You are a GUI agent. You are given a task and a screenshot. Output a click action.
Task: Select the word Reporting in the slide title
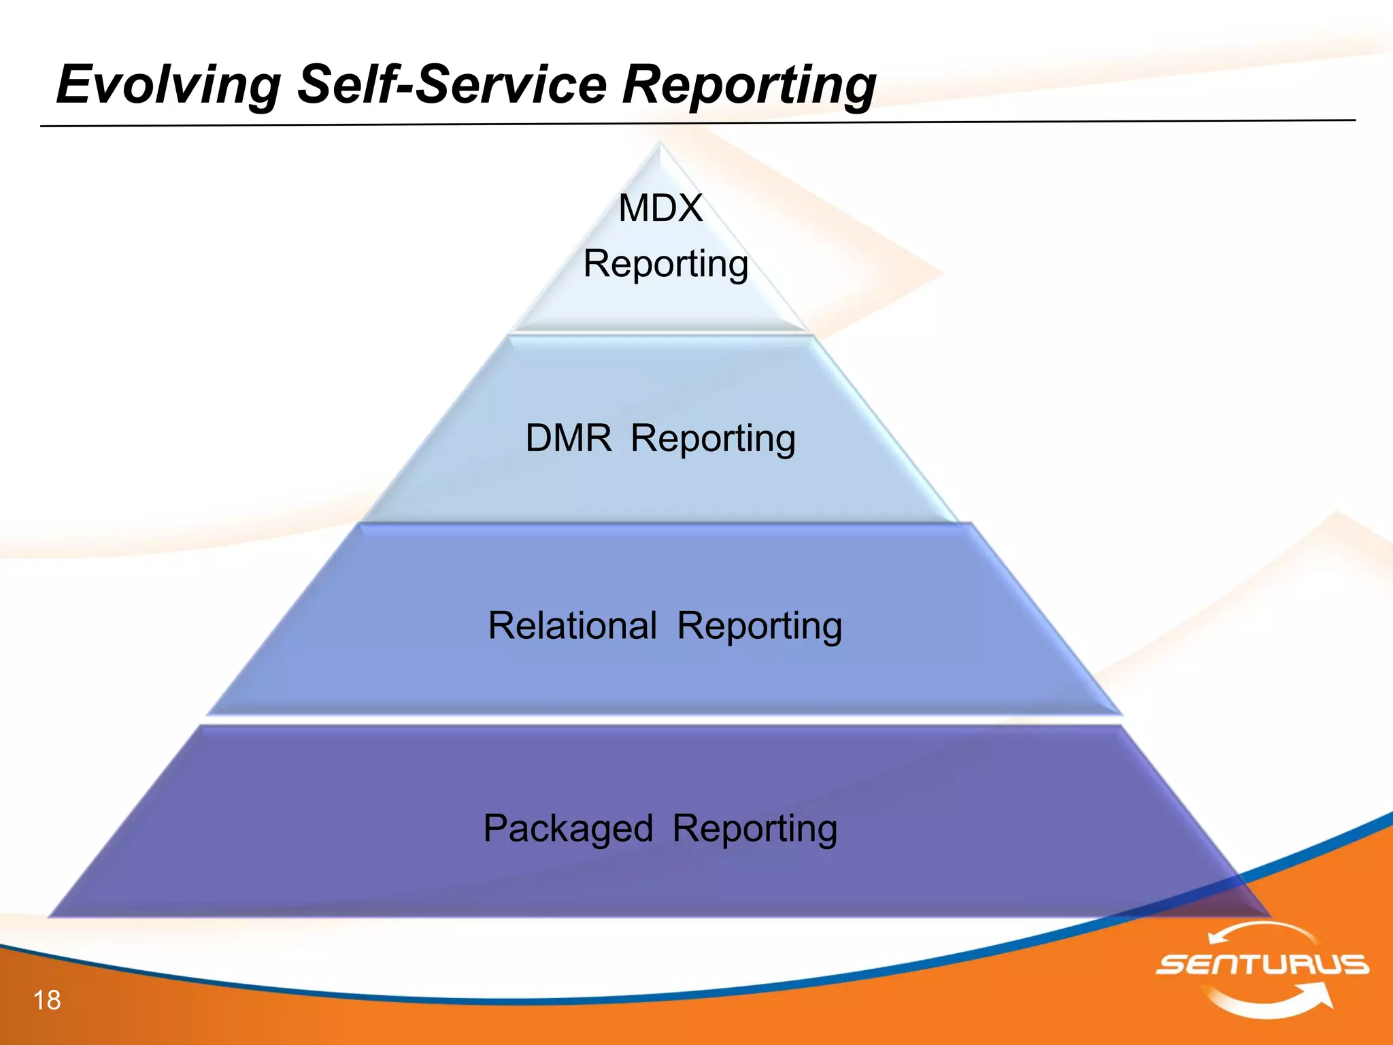click(x=749, y=85)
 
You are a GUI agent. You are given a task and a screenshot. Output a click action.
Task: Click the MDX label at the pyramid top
click(x=660, y=208)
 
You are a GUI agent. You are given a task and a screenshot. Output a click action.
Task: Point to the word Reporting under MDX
click(x=665, y=264)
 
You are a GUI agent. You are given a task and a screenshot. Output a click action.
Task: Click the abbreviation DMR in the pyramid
click(x=569, y=438)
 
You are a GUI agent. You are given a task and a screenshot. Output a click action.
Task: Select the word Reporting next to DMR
click(x=713, y=439)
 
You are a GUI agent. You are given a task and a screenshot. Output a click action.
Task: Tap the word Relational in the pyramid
click(x=572, y=625)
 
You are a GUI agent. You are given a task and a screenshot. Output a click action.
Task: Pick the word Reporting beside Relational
click(x=759, y=626)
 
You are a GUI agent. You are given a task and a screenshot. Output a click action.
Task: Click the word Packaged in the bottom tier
click(x=568, y=829)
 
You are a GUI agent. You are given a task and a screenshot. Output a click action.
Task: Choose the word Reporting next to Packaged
click(x=754, y=829)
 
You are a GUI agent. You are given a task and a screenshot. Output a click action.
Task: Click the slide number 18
click(x=47, y=1000)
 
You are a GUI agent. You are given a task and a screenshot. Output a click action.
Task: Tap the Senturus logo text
click(x=1262, y=965)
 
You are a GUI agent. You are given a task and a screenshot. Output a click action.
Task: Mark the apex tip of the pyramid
click(x=659, y=143)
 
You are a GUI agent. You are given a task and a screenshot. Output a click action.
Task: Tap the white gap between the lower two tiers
click(x=663, y=720)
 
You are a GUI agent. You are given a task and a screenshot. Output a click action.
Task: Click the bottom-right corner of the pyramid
click(x=1268, y=914)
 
